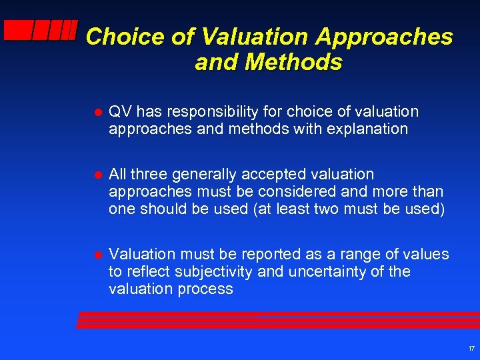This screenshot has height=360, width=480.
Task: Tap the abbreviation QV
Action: (120, 111)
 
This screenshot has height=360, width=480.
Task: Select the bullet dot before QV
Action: (97, 112)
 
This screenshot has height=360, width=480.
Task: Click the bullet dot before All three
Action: (97, 175)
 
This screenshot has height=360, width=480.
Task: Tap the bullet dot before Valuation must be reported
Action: (97, 255)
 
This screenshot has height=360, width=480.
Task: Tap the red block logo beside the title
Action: (40, 31)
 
